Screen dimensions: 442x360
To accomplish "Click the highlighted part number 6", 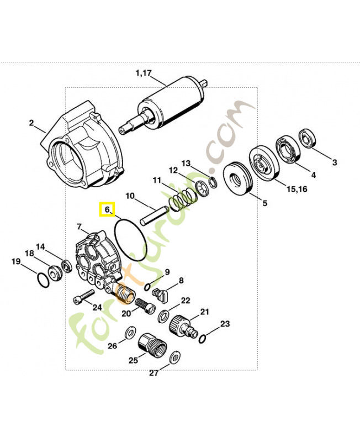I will point(107,210).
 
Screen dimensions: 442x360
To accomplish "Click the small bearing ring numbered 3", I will point(308,139).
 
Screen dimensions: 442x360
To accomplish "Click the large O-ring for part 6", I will point(130,239).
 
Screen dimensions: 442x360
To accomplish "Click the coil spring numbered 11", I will point(183,199).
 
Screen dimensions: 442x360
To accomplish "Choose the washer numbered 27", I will point(176,356).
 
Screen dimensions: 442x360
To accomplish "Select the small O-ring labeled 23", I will point(203,338).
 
